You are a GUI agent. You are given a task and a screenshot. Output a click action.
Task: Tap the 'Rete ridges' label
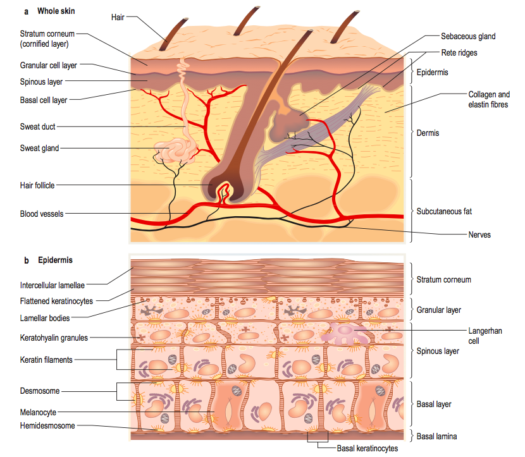[459, 53]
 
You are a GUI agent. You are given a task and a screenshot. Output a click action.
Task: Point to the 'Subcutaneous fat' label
[444, 211]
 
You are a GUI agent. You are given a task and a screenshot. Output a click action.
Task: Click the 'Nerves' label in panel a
[479, 235]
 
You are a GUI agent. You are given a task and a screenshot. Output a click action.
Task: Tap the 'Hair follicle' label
[37, 185]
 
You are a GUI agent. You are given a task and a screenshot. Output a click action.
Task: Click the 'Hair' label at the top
[118, 17]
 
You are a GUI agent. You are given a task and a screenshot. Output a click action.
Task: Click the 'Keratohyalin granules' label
[54, 338]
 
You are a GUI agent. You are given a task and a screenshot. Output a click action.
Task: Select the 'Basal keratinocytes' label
[366, 448]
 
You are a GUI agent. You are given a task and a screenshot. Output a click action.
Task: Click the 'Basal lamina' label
[440, 436]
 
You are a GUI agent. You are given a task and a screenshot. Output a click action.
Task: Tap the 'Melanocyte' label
[38, 412]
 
